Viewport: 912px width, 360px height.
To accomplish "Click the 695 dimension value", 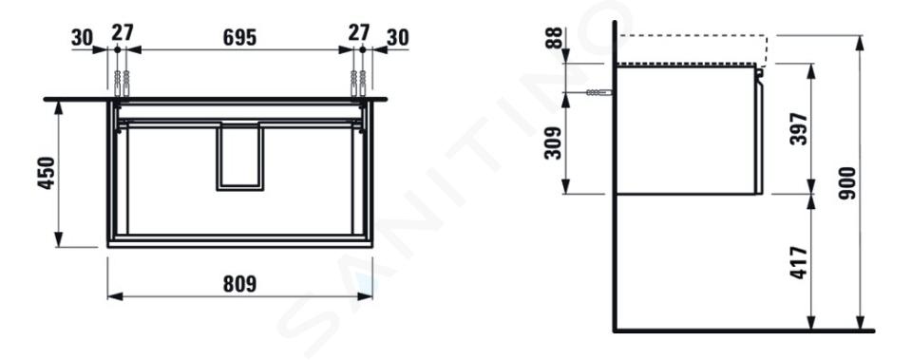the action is pyautogui.click(x=239, y=37).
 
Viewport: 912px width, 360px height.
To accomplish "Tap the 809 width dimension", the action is pyautogui.click(x=239, y=284).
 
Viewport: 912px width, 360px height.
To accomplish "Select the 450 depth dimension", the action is pyautogui.click(x=46, y=173).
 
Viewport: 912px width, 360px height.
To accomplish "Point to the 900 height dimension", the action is pyautogui.click(x=847, y=183).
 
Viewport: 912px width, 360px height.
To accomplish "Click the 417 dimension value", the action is pyautogui.click(x=800, y=262).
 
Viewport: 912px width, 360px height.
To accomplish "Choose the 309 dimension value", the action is pyautogui.click(x=553, y=143).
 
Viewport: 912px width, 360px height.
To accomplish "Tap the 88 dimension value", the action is pyautogui.click(x=556, y=38).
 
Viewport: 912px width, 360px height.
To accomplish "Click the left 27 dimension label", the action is pyautogui.click(x=123, y=33).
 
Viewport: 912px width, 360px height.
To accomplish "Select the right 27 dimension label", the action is pyautogui.click(x=358, y=33).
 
